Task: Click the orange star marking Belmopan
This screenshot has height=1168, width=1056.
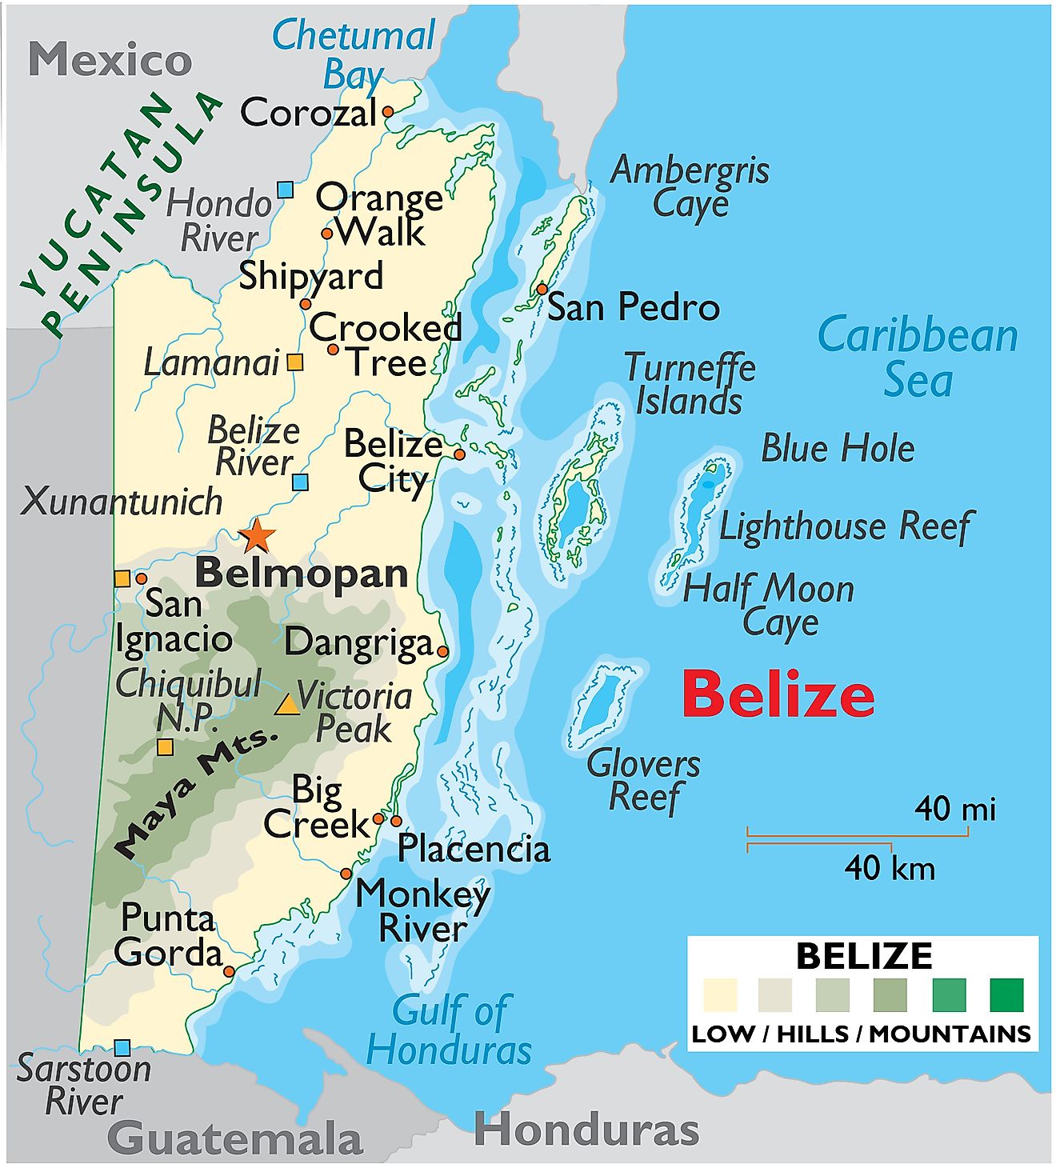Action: [257, 535]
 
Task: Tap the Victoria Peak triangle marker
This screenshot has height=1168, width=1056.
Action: [286, 704]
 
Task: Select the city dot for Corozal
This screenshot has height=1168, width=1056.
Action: [388, 112]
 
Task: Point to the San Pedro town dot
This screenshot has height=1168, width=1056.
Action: [542, 289]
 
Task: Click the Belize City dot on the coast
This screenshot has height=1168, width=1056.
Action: [459, 454]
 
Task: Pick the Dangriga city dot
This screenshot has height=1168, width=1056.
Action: [442, 651]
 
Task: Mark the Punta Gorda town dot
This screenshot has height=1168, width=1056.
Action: [230, 971]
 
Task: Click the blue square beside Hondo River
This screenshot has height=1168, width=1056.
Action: [285, 190]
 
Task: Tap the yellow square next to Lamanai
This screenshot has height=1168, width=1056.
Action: [295, 362]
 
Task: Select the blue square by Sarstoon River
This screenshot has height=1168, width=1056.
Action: [122, 1047]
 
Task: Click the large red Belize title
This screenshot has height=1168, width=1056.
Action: [778, 695]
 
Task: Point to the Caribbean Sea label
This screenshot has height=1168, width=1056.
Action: [918, 357]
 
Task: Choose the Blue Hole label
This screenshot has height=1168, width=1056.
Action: [837, 448]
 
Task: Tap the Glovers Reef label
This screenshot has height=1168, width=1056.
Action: [644, 781]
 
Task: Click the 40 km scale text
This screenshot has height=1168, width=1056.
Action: [890, 868]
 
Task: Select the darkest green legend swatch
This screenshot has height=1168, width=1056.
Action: [1006, 995]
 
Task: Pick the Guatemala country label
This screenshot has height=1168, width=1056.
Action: [234, 1138]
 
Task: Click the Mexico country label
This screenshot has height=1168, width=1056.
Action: [110, 60]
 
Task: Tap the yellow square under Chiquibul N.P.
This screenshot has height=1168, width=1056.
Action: [165, 747]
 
